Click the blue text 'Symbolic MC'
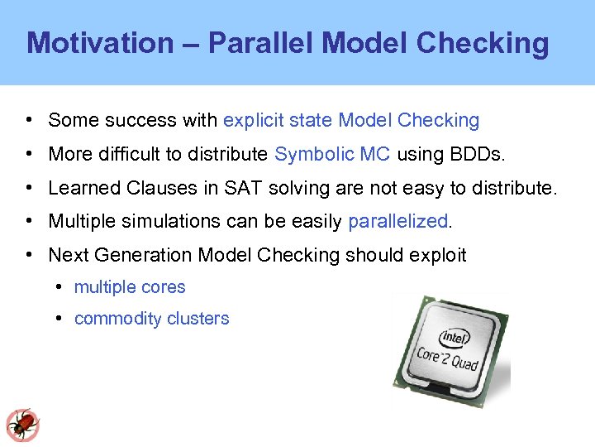tap(332, 154)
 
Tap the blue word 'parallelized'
tap(397, 221)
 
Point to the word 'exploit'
tap(437, 255)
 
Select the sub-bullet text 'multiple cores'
tap(130, 287)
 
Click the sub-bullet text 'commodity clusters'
tap(151, 319)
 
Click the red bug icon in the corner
tap(22, 425)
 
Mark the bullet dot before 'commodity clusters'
tap(61, 319)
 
